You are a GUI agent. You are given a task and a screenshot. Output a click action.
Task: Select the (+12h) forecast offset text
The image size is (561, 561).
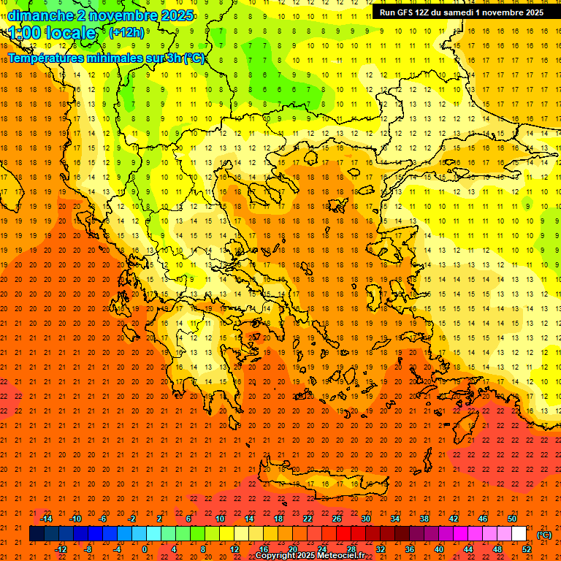126,33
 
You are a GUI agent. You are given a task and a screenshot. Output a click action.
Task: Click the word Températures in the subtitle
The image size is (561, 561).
45,58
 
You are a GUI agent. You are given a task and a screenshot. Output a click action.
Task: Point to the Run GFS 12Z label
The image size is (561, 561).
410,12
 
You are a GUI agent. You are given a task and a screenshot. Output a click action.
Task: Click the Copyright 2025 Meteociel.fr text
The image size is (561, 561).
310,555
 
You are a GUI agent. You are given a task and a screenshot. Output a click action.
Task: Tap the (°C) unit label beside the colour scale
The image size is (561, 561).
544,535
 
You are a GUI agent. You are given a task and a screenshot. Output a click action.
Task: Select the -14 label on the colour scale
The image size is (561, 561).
45,519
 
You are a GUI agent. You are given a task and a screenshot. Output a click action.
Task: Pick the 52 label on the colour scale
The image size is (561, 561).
527,549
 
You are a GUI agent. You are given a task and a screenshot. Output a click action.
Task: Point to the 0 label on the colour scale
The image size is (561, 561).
145,549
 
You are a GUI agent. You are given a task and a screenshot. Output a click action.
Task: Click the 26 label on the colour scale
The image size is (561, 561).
337,519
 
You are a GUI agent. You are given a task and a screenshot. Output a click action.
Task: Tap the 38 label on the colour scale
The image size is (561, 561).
424,519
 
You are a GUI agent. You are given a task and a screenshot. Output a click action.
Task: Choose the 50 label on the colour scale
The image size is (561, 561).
512,519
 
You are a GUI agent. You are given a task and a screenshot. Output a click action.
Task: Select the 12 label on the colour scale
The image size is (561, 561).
234,549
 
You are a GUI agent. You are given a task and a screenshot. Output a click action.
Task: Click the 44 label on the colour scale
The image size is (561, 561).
468,549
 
